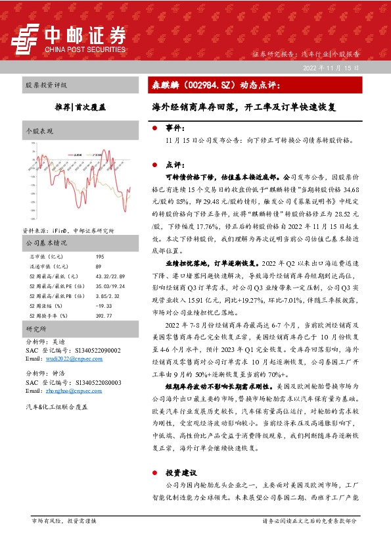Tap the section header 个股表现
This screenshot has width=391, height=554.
(x=39, y=132)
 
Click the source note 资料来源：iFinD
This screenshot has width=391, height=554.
(x=56, y=231)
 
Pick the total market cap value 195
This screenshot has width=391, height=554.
(x=100, y=256)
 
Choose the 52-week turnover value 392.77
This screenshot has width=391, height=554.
(x=104, y=315)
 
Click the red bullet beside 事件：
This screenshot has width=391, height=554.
(x=154, y=128)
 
